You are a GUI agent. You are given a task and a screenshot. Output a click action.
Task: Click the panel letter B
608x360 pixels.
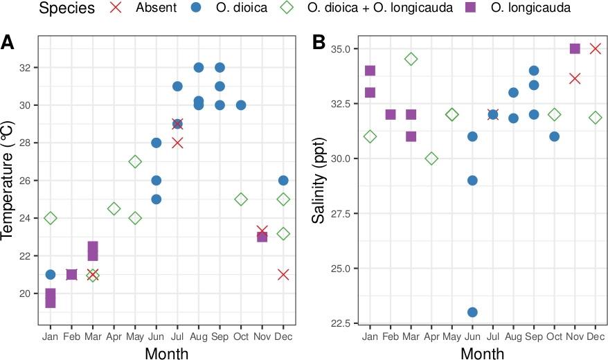[x=319, y=43]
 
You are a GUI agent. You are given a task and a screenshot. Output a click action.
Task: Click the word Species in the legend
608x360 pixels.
[x=67, y=9]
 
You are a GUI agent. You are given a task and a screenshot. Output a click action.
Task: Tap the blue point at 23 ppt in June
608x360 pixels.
[x=472, y=312]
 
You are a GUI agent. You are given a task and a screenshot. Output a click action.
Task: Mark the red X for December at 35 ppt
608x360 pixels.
[x=595, y=48]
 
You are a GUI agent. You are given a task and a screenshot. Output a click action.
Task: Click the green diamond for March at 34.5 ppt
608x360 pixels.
[x=411, y=60]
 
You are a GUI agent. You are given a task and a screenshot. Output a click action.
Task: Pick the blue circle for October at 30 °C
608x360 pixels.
[x=241, y=105]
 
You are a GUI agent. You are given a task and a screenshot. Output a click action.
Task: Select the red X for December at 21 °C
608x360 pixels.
[x=283, y=275]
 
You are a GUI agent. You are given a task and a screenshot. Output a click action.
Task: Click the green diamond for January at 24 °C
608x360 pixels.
[x=50, y=218]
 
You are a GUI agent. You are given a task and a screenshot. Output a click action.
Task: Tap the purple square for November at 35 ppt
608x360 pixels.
[x=575, y=48]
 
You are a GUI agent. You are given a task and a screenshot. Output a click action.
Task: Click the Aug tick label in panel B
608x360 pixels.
[x=513, y=336]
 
